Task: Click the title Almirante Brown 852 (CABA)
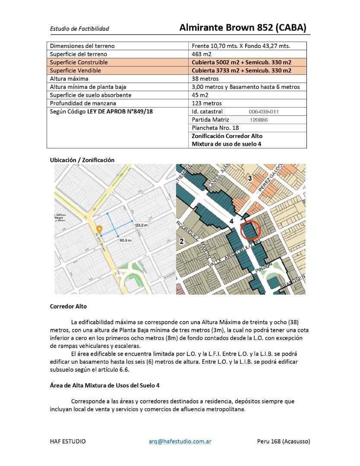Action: click(x=243, y=28)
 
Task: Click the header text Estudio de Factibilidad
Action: click(x=79, y=29)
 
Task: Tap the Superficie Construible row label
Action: click(x=79, y=62)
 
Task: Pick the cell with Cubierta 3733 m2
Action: click(x=241, y=70)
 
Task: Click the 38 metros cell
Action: click(x=205, y=79)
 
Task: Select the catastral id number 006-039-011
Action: click(x=264, y=112)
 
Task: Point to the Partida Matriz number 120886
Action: click(x=258, y=120)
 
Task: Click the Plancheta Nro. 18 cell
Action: click(x=215, y=128)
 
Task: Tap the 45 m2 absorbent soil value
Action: click(x=200, y=95)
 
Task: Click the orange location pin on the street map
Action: click(x=99, y=229)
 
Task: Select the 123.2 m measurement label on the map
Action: click(x=141, y=225)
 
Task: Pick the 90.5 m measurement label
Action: click(x=126, y=240)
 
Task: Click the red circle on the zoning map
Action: click(x=249, y=230)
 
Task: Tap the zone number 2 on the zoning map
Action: click(x=182, y=241)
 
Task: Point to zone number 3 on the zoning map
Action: click(x=249, y=178)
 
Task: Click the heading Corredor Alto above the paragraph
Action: click(x=68, y=306)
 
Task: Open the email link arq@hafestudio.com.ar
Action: click(x=180, y=441)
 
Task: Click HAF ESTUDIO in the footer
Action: click(x=68, y=441)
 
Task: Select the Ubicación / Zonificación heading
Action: click(x=82, y=160)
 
